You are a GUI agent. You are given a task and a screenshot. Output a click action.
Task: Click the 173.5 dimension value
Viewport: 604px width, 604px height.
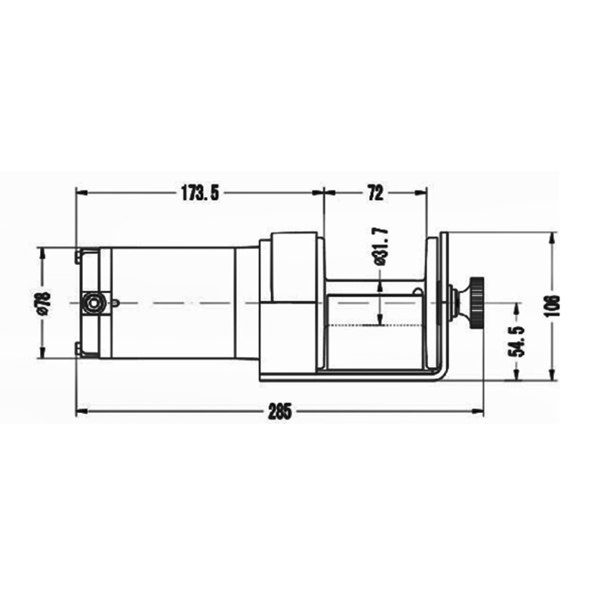coord(199,193)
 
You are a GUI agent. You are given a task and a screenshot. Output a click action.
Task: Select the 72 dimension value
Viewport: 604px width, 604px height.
coord(374,193)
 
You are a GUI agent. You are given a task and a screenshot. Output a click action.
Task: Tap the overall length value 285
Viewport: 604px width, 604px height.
coord(279,411)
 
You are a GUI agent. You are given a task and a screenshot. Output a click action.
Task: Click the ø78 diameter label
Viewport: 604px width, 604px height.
coord(43,302)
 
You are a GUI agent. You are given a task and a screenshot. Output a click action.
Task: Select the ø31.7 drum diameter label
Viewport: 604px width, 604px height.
coord(380,247)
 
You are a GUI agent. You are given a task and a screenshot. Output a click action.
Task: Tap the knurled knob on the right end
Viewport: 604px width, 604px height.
coord(476,304)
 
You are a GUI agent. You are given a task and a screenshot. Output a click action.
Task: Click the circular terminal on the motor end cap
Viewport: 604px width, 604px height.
coord(94,302)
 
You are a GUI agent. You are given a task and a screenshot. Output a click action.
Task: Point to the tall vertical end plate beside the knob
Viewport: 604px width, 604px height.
coord(445,302)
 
